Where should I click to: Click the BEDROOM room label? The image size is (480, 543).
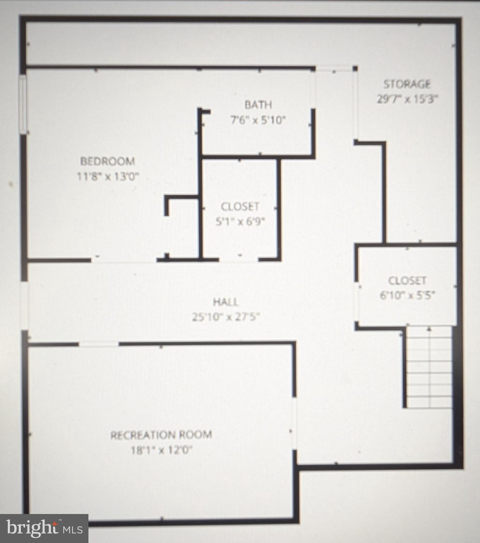tap(108, 162)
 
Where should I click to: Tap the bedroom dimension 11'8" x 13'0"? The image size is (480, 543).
tap(108, 176)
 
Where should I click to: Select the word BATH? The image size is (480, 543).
tap(258, 105)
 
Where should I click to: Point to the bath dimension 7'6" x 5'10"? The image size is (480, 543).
tap(258, 120)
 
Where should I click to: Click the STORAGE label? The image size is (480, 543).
tap(407, 84)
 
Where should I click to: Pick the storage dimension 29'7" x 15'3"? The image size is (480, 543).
tap(407, 99)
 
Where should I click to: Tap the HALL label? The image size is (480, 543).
tap(226, 302)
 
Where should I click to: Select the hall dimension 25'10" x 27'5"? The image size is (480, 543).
tap(226, 317)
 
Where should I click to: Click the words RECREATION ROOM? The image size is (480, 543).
tap(161, 435)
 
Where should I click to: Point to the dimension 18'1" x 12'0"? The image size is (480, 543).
tap(161, 450)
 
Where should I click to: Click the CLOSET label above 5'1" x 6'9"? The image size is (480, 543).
tap(240, 206)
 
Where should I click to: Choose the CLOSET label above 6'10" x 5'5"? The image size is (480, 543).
tap(407, 281)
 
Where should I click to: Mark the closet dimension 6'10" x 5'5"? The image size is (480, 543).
tap(407, 295)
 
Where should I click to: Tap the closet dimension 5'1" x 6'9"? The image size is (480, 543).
tap(240, 222)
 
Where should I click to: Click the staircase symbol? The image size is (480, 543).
tap(429, 368)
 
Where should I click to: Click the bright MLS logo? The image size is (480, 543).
tap(44, 528)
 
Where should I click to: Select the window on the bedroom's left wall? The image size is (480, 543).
tap(23, 105)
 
